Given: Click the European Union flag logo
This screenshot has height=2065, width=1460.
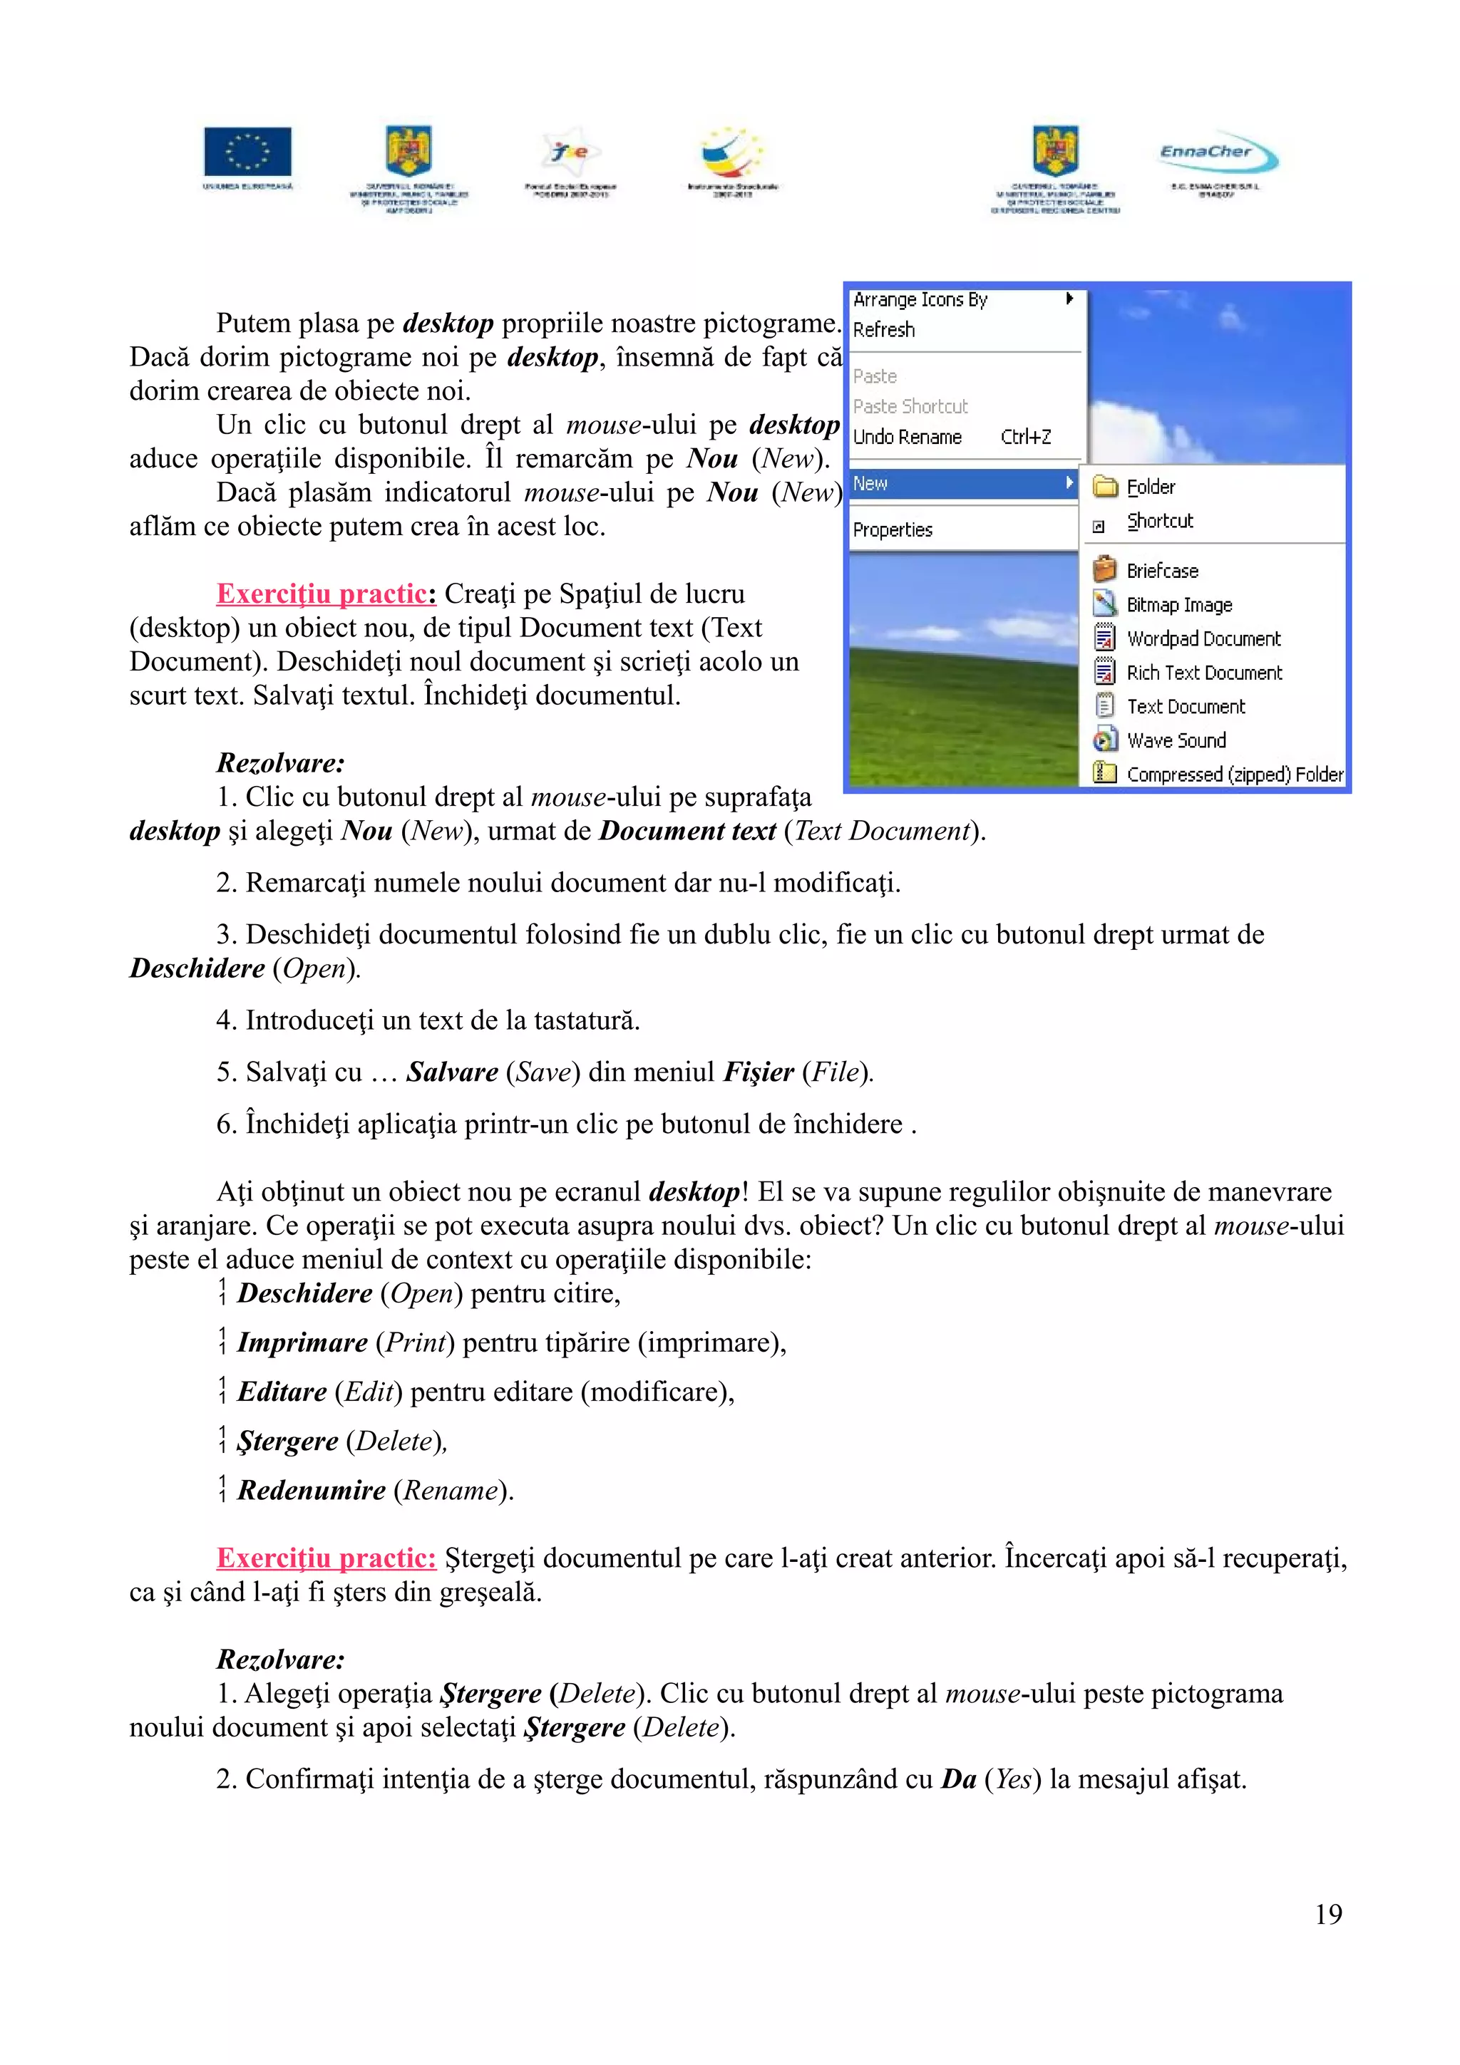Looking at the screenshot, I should (x=247, y=151).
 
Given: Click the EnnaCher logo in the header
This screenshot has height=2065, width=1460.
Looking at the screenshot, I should (x=1217, y=155).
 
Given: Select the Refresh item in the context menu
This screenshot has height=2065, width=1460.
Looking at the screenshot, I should (x=883, y=330).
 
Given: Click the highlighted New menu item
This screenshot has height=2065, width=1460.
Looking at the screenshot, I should (x=962, y=484).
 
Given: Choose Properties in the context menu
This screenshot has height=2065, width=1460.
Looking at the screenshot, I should (x=893, y=529).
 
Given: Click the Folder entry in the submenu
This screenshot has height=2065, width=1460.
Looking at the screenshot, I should (x=1150, y=487).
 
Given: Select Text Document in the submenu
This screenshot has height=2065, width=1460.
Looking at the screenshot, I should (x=1185, y=707).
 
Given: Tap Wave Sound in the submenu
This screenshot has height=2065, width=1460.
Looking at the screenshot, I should (x=1176, y=740).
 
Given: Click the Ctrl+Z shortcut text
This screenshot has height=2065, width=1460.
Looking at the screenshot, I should (x=1026, y=437).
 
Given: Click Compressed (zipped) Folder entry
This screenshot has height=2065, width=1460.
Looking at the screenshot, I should (x=1233, y=775).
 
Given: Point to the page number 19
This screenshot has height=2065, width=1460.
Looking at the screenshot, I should (x=1328, y=1914).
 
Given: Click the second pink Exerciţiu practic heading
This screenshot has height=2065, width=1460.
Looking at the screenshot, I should (x=326, y=1558).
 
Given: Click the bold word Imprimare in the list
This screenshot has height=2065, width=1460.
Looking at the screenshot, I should (x=302, y=1342).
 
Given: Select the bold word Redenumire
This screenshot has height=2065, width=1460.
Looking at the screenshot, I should (x=312, y=1490).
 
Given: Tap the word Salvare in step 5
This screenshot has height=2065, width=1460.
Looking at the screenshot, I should (x=451, y=1072).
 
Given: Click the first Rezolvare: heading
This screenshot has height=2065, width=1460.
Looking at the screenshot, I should (x=279, y=762).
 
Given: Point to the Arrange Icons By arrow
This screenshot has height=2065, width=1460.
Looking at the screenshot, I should (x=1069, y=299).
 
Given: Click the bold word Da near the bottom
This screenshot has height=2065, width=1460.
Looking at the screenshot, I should (x=958, y=1779).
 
